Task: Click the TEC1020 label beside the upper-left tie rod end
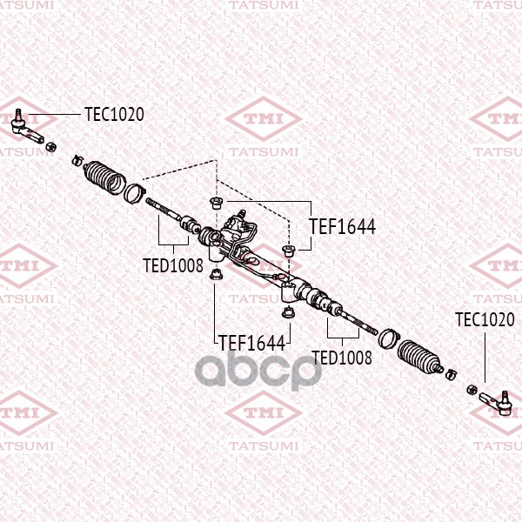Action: point(114,115)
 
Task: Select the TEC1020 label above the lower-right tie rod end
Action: point(485,319)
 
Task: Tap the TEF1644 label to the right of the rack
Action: point(342,227)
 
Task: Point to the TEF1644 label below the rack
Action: point(252,343)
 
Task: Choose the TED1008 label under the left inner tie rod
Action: point(173,265)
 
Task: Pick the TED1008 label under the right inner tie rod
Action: point(342,358)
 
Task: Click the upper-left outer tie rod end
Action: point(27,127)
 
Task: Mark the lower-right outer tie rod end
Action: point(495,402)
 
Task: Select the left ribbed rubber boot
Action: point(104,177)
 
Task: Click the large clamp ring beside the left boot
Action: point(134,193)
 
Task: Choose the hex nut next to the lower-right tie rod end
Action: point(472,389)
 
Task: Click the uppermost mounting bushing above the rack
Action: point(215,203)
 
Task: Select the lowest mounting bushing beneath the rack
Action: point(287,313)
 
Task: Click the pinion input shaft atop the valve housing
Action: point(243,213)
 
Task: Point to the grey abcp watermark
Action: point(258,370)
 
